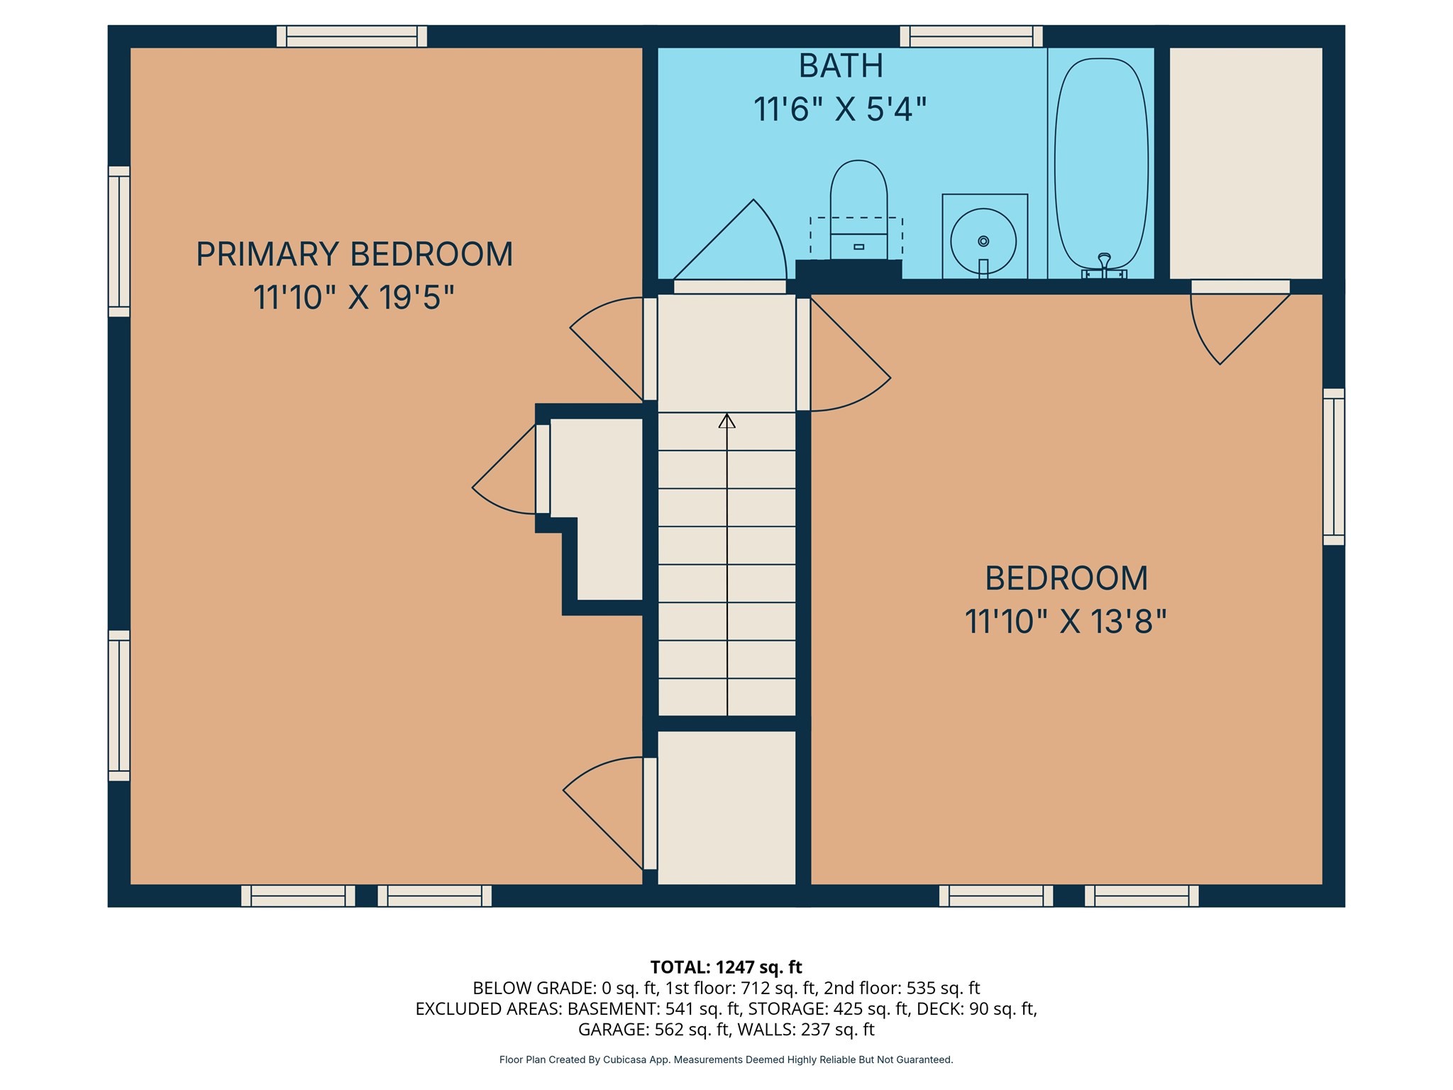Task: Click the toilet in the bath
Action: [858, 206]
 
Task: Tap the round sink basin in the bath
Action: [983, 241]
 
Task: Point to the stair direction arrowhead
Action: [726, 421]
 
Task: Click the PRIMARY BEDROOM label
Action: [354, 254]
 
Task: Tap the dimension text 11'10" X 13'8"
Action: [1065, 622]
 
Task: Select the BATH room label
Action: [841, 67]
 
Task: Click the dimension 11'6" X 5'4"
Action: [840, 110]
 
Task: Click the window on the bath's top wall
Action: [971, 36]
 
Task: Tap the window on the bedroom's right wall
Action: [1334, 467]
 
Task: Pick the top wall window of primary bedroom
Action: [352, 36]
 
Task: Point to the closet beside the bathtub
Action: [1246, 163]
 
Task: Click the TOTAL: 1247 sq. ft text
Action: [726, 967]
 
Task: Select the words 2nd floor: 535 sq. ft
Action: [902, 988]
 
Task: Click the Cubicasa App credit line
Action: [726, 1059]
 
